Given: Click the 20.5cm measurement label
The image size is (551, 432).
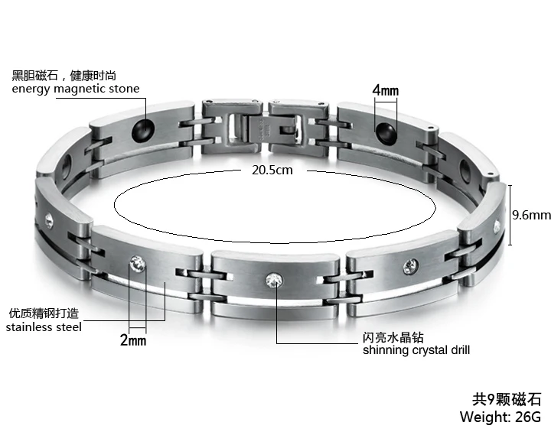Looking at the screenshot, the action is coord(272,170).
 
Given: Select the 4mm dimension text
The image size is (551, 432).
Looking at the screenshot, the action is coord(386,91).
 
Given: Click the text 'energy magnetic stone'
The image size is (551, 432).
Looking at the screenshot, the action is coord(76,89).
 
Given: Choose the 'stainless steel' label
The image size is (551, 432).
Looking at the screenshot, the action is coord(44,327).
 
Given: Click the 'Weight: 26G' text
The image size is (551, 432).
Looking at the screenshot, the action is coord(500,417).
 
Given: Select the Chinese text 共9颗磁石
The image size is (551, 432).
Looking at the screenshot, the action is coord(506,399).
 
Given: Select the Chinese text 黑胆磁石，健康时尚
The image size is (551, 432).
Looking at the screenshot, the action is coord(64,76).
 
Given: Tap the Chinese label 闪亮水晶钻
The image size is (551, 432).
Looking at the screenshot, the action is coord(393,337).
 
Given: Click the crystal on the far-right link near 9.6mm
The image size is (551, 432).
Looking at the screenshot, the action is coord(496,225).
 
